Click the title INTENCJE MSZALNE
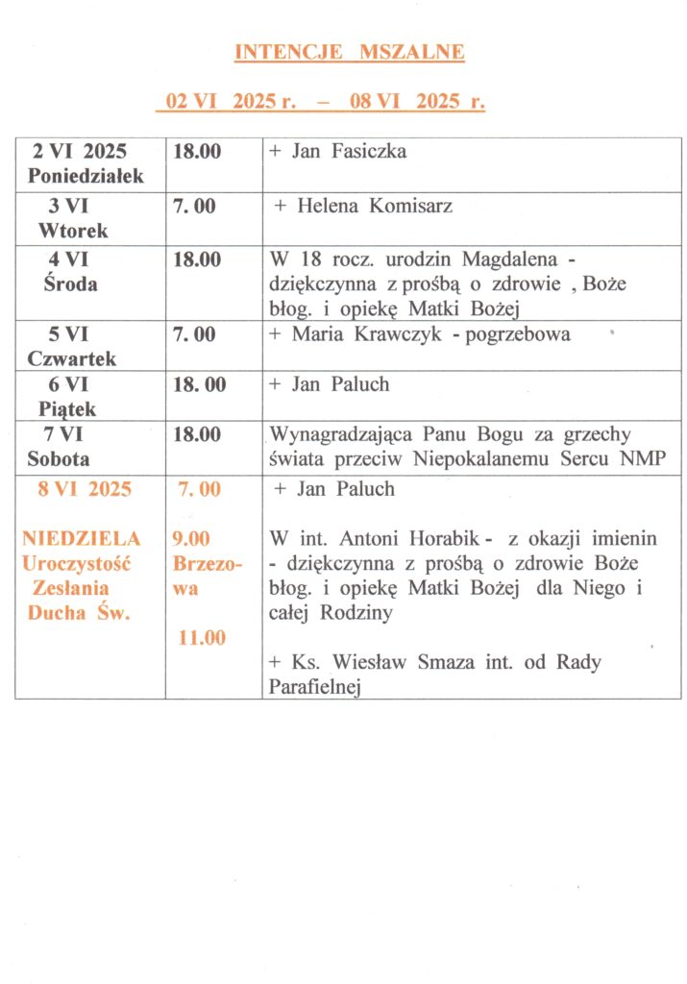[x=350, y=53]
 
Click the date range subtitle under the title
[x=324, y=102]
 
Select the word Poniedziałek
[x=86, y=177]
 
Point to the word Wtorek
[x=73, y=232]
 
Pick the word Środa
[x=70, y=284]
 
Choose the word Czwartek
[x=72, y=359]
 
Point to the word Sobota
[x=59, y=459]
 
